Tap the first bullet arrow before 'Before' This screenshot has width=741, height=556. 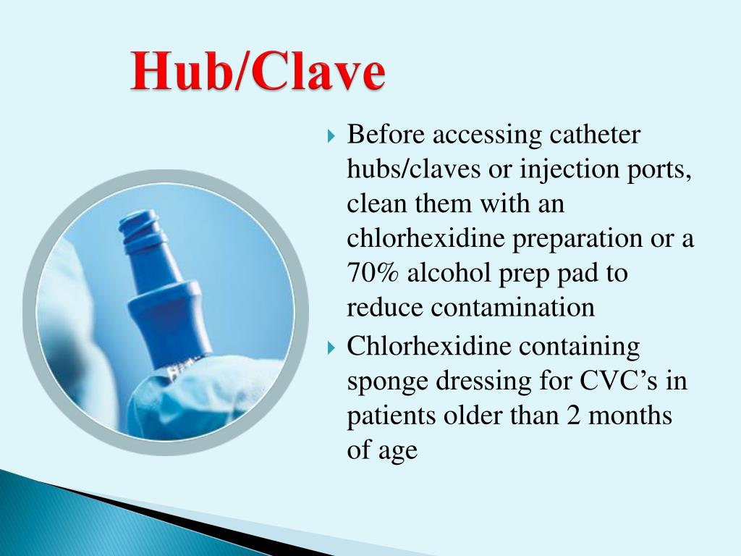tap(331, 135)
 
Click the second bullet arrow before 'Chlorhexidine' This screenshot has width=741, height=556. tap(331, 348)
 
